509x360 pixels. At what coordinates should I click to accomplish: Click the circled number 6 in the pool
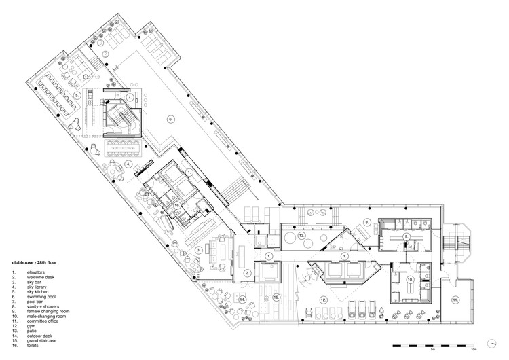172,120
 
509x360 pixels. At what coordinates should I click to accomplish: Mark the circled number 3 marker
198,250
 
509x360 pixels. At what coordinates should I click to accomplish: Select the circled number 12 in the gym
324,300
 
